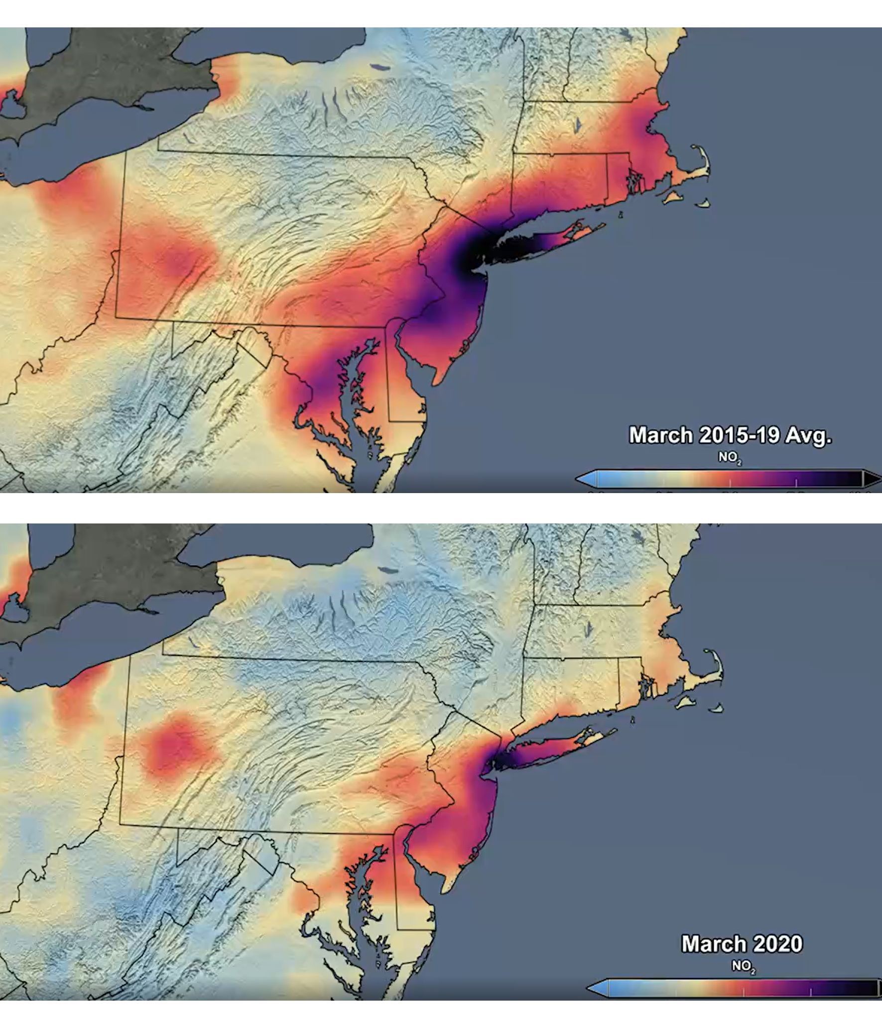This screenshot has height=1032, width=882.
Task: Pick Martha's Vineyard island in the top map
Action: (x=672, y=197)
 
